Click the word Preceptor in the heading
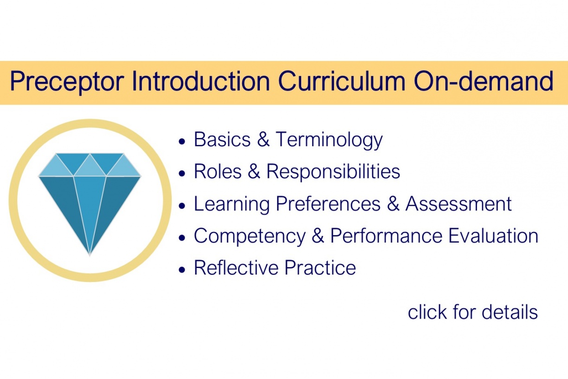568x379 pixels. coord(67,82)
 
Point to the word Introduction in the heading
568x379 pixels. coord(200,82)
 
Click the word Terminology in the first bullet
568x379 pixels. coord(329,140)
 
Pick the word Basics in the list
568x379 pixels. coord(221,139)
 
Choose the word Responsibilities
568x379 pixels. coord(333,171)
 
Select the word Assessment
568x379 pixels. coord(458,204)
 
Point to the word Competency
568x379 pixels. coord(250,236)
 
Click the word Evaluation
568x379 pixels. coord(493,236)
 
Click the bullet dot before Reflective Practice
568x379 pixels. coord(182,269)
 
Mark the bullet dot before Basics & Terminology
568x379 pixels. coord(182,140)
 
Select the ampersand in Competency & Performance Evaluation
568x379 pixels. coord(318,236)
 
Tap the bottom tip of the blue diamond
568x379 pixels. coord(90,254)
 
